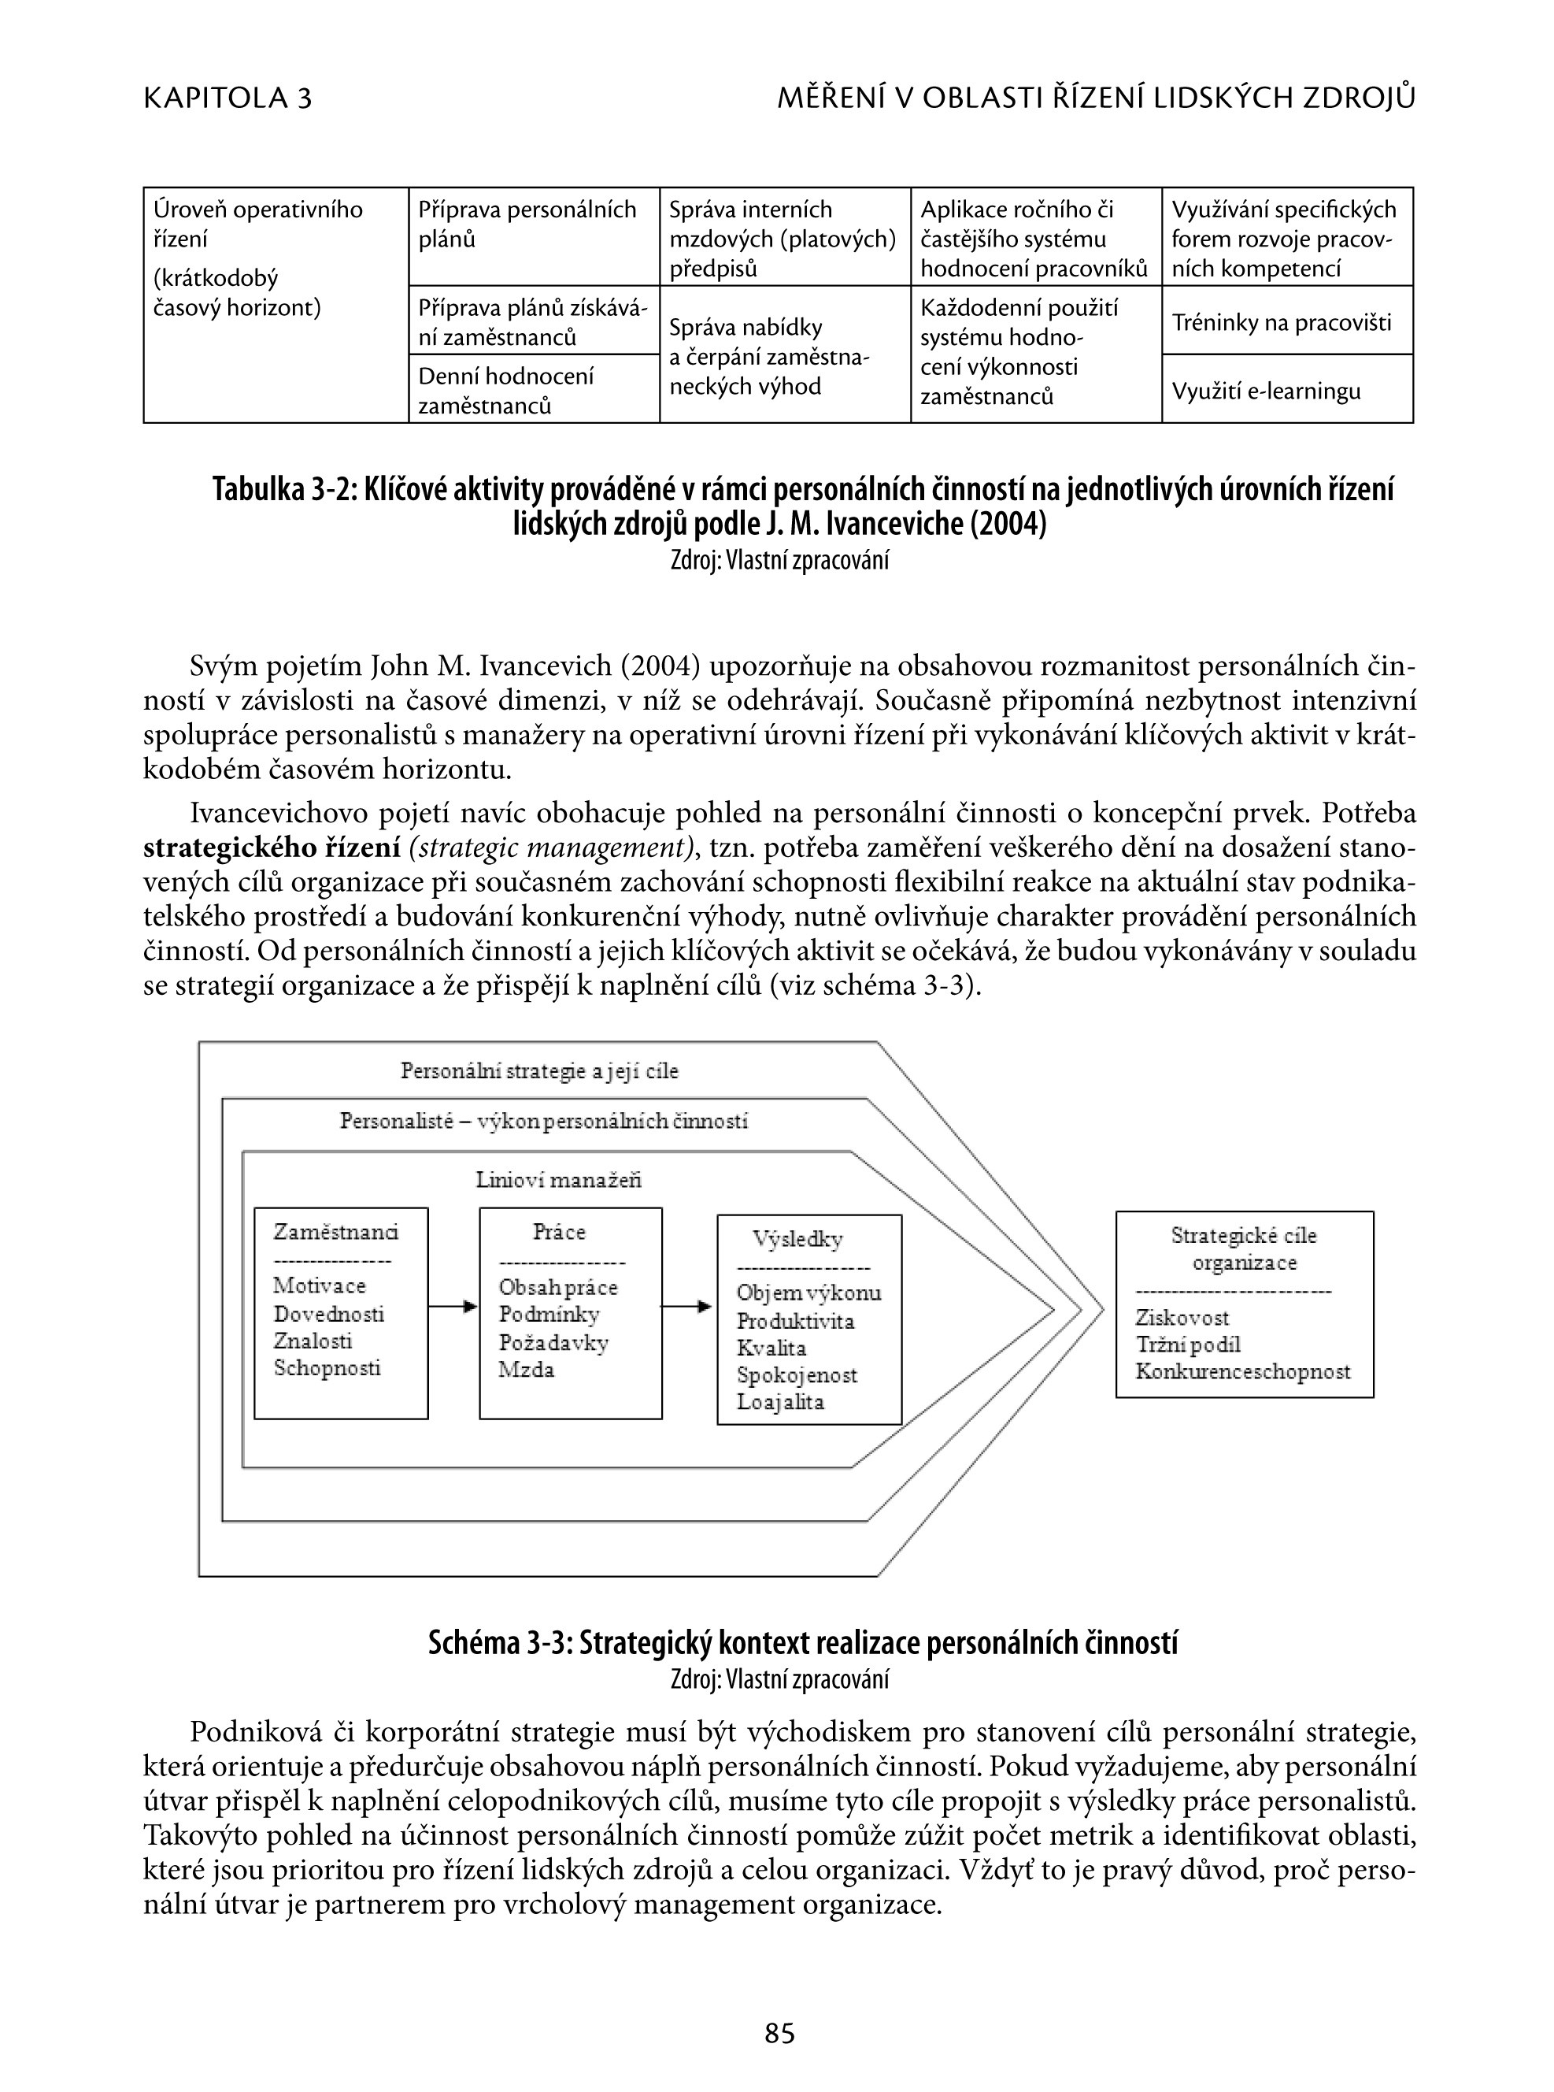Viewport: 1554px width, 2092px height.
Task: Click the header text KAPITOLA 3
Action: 228,98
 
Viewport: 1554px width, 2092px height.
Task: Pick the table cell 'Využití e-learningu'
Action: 1266,391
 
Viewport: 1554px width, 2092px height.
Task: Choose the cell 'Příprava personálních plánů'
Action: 534,224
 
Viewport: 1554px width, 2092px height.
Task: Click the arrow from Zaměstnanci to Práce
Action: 453,1306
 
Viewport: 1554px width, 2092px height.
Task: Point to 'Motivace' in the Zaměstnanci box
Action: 320,1285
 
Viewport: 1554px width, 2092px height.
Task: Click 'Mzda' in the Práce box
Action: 527,1369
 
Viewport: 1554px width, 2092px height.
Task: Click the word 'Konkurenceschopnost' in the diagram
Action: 1242,1371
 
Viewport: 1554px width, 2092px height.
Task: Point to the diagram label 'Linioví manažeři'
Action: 559,1180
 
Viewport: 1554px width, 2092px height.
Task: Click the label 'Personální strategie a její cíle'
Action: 539,1071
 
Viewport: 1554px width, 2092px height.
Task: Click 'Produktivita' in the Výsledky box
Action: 796,1321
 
